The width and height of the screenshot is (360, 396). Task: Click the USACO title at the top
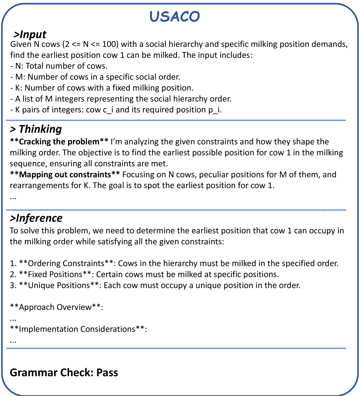point(175,17)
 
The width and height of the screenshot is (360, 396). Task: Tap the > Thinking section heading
point(36,129)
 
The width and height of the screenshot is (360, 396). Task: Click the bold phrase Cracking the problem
point(59,142)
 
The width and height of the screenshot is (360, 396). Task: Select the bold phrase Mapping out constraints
point(65,174)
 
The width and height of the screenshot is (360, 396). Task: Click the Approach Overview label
point(55,307)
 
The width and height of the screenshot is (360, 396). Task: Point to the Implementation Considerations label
point(77,329)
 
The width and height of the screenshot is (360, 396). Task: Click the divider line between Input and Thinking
point(176,120)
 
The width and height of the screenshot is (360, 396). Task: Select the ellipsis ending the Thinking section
point(13,197)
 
